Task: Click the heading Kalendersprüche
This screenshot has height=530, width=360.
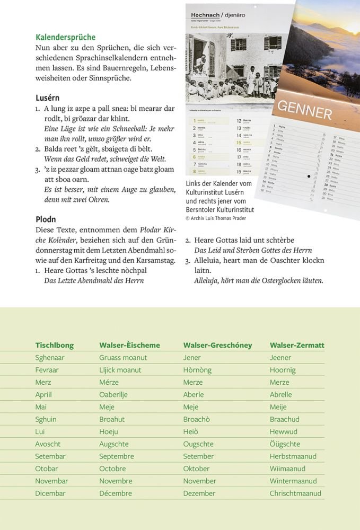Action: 65,37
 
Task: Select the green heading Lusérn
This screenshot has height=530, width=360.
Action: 47,98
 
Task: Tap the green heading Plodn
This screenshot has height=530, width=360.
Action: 46,219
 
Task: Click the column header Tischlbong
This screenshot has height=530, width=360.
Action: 55,345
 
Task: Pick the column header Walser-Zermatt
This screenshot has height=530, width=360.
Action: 297,345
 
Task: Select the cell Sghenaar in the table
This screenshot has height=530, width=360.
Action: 50,358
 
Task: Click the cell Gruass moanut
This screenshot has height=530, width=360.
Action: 123,358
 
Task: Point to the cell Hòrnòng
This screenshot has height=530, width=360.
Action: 197,370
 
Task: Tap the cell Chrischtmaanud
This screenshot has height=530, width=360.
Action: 295,493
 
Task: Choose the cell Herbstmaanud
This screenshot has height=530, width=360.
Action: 293,456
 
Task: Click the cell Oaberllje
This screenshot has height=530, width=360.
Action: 113,395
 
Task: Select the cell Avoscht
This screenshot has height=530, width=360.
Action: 48,444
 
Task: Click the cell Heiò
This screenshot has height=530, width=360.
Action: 191,432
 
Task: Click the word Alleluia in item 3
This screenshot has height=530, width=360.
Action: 210,260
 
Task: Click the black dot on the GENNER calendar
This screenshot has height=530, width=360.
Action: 309,176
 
